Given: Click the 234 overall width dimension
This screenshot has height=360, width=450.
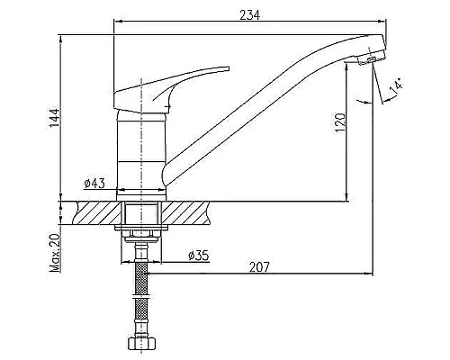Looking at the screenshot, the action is pos(249,15).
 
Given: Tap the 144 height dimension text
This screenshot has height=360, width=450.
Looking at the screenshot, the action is pos(55,117).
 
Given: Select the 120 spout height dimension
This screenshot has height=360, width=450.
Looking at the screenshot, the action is pos(340,122).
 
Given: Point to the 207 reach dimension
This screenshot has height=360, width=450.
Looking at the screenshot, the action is pos(259,266).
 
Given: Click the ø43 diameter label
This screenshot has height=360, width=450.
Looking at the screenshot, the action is pos(94,183).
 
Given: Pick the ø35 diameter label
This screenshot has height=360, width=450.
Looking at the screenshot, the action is pos(199,256).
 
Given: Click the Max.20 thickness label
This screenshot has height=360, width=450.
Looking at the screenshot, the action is pos(55,253).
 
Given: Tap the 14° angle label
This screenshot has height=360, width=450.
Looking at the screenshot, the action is pos(396,87).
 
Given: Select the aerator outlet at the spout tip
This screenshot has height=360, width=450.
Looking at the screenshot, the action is pos(372,59).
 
